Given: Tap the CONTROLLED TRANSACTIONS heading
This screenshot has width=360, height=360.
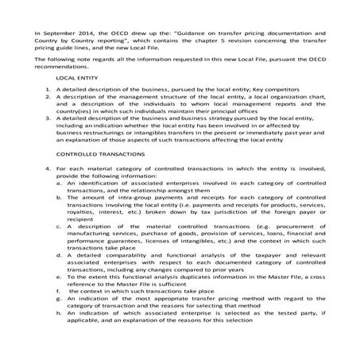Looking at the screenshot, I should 99,176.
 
